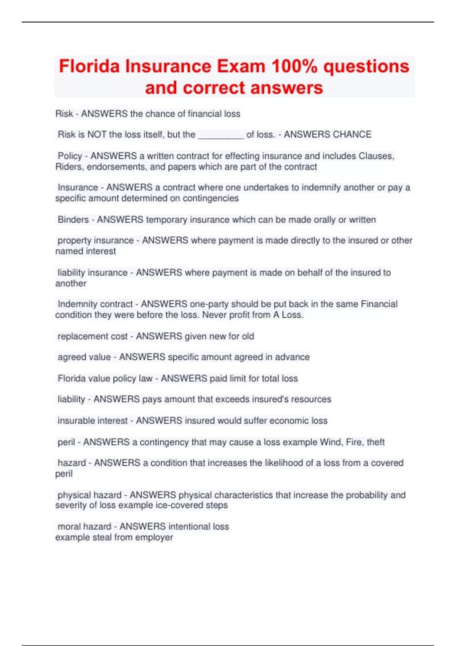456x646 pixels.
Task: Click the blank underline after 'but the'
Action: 221,135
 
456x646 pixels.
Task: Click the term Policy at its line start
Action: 70,156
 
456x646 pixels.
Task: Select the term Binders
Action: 73,220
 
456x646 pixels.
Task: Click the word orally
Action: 325,220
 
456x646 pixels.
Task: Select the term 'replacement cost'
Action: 92,336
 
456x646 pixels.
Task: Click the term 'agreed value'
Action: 84,357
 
